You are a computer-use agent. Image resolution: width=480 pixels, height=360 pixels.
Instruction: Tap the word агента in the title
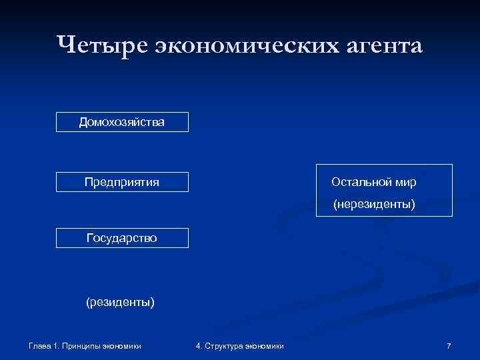pos(381,46)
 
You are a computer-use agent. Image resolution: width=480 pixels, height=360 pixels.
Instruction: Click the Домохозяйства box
pos(122,122)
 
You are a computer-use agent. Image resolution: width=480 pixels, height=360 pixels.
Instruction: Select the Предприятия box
pos(122,182)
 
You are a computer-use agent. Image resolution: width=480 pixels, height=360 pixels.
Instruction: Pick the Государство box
pos(122,238)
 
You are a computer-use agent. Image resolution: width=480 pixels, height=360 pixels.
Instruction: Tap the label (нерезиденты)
pos(374,205)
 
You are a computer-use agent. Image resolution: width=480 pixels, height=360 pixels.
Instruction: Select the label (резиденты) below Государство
pos(120,303)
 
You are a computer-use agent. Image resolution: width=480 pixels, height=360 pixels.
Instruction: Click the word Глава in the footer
pos(40,345)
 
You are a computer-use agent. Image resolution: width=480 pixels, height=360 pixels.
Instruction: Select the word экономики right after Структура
pos(265,345)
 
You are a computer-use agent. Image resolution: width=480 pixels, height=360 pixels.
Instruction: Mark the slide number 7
pos(449,345)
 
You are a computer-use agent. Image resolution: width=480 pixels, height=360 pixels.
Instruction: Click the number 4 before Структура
pos(198,345)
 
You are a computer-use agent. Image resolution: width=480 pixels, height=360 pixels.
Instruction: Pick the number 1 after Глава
pos(57,345)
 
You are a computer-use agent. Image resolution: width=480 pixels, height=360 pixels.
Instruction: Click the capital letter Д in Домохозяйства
pos(83,122)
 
